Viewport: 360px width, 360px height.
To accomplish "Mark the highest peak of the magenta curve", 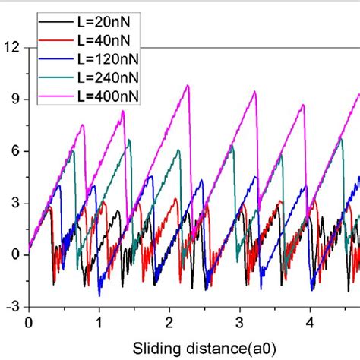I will [x=187, y=85].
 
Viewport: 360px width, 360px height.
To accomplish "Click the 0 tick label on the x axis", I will [x=28, y=321].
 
